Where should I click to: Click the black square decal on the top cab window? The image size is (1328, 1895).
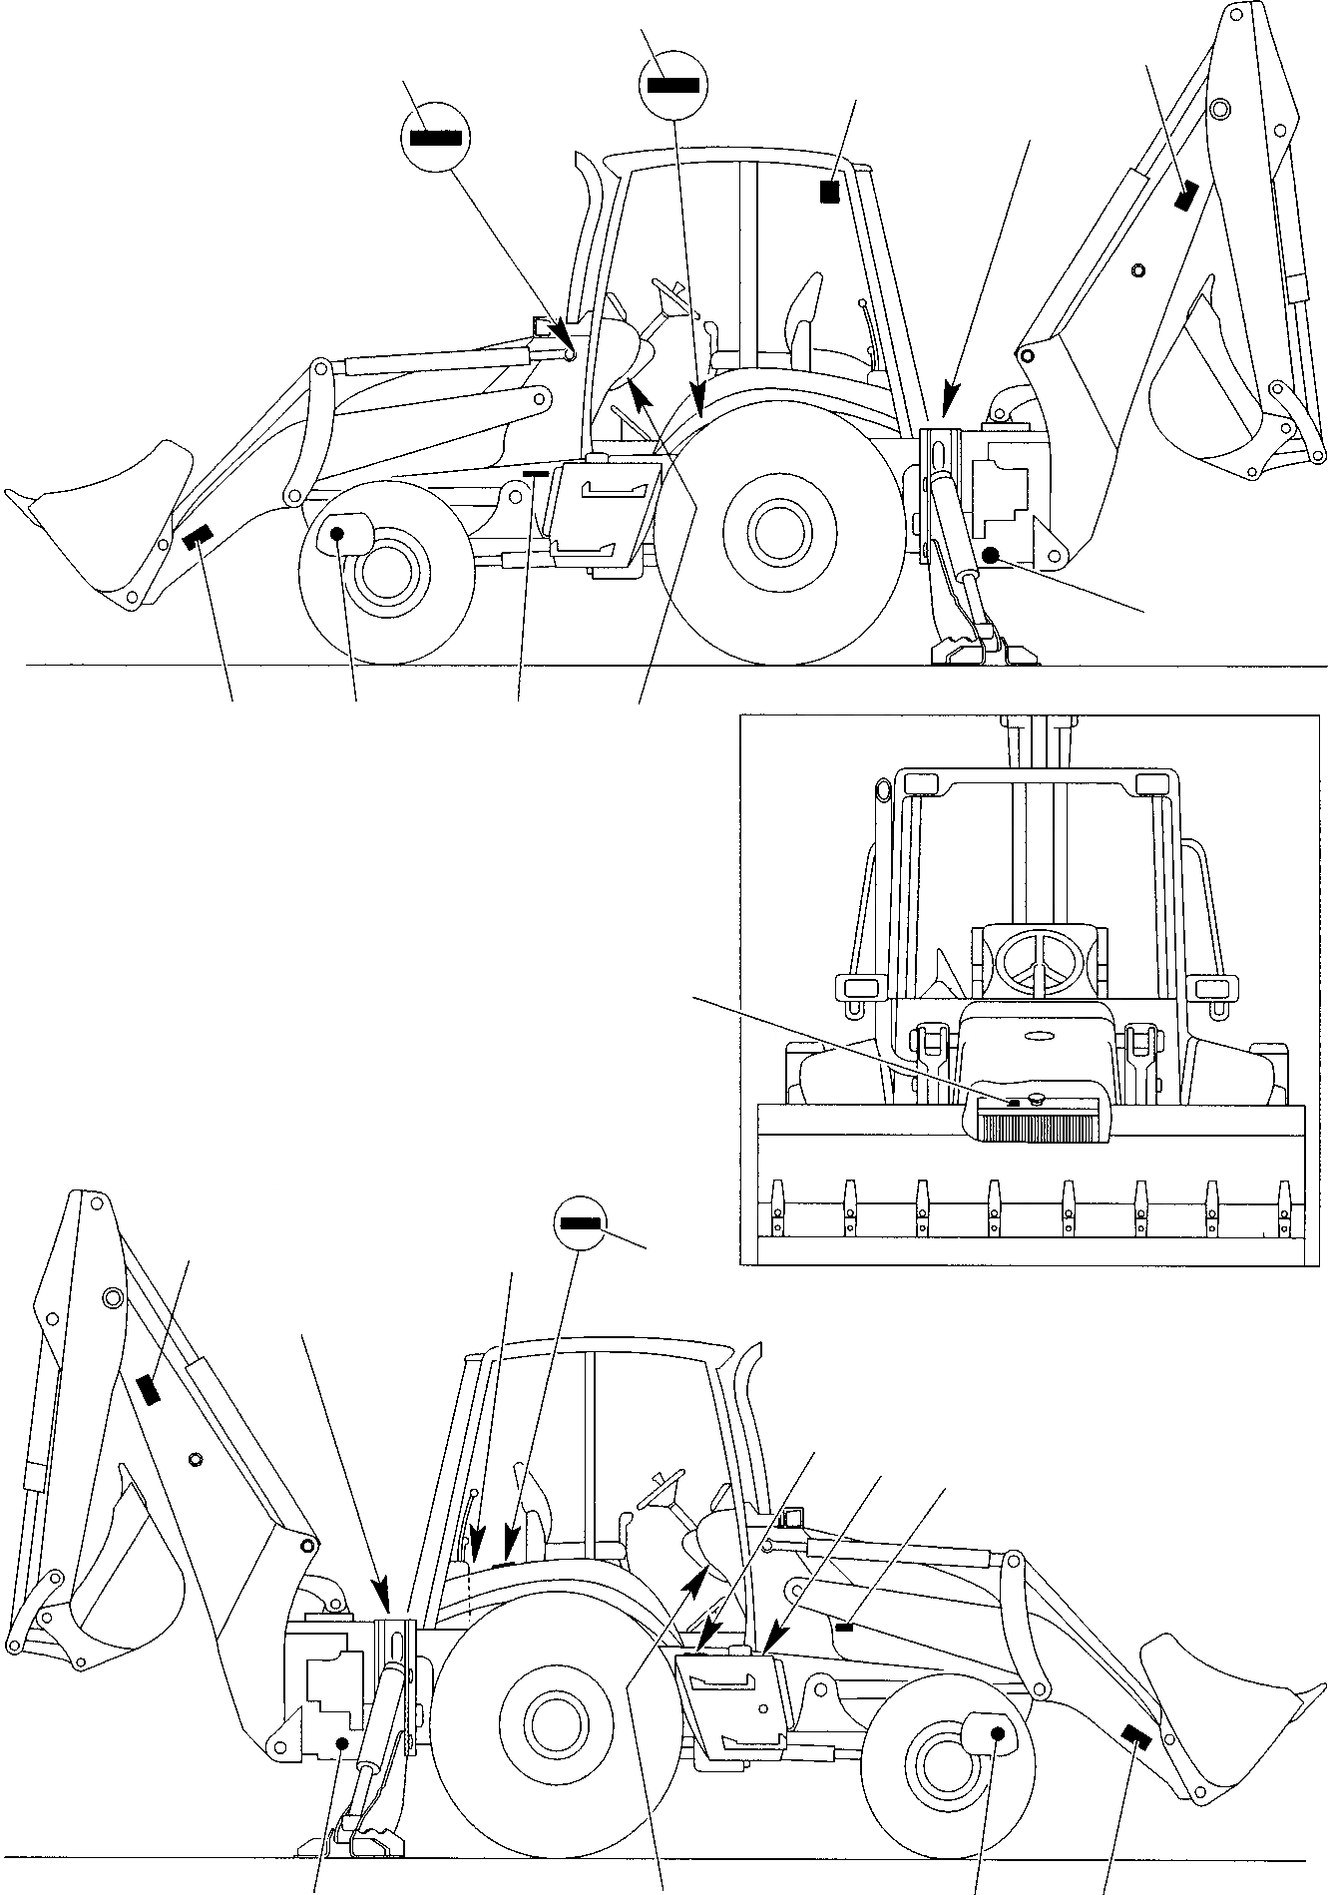point(828,192)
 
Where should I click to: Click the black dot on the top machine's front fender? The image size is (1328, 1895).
point(337,535)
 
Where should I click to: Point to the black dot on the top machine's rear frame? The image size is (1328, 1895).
point(990,555)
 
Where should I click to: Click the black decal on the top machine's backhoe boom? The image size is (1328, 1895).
point(1185,197)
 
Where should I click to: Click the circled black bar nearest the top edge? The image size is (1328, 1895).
point(672,85)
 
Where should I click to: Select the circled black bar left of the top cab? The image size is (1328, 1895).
point(434,138)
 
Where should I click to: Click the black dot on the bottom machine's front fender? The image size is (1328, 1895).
point(996,1734)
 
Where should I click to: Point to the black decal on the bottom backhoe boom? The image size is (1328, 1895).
point(150,1388)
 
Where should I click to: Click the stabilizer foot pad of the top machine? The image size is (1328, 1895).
point(983,653)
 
